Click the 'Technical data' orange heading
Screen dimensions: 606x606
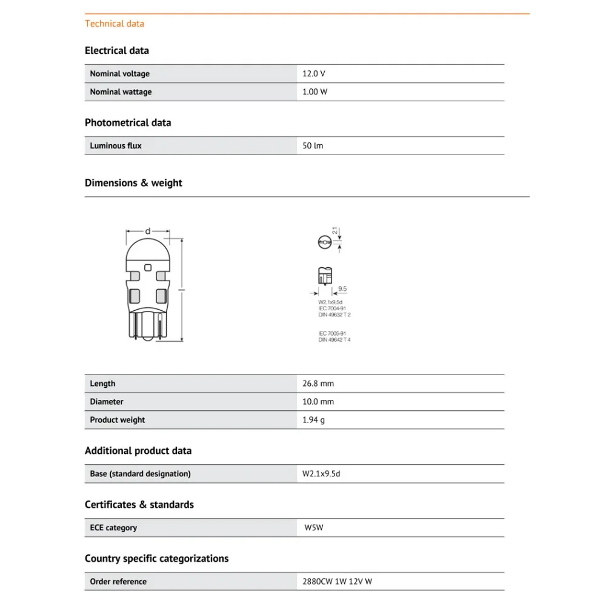115,24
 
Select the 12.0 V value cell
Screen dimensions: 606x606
314,73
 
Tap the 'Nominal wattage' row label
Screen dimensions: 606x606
121,92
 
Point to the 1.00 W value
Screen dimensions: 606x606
315,92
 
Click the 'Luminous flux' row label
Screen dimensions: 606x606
116,145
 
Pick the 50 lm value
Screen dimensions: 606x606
313,145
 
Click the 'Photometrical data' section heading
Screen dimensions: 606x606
128,122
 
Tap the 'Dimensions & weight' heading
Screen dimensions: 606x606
133,182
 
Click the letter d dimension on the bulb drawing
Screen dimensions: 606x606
147,231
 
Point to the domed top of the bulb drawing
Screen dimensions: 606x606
147,251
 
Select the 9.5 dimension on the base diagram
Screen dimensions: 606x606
342,289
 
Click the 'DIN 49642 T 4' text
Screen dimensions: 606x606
335,339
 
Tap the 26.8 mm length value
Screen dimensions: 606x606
318,383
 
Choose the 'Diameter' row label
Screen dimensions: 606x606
107,401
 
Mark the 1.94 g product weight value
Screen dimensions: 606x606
314,419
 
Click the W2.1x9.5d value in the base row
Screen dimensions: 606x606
321,473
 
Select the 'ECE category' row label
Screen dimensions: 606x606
113,527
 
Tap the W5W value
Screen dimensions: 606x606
314,527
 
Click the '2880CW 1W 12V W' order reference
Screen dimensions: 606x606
338,581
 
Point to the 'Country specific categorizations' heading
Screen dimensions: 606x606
156,558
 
